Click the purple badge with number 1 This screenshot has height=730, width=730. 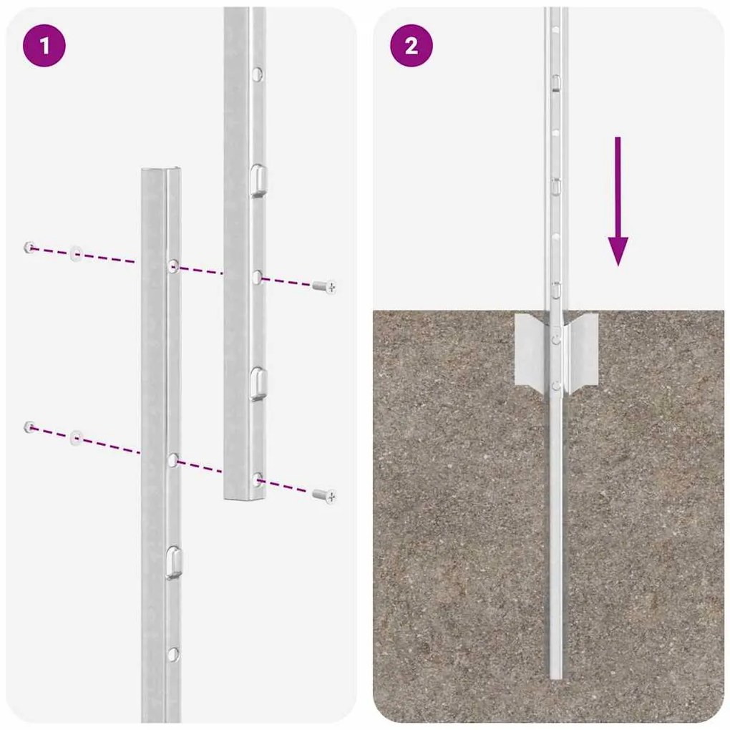click(x=44, y=46)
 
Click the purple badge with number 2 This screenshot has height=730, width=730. click(x=411, y=46)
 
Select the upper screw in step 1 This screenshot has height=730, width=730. click(x=325, y=286)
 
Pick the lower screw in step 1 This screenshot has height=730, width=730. click(x=325, y=495)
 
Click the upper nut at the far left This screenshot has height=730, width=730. click(x=30, y=248)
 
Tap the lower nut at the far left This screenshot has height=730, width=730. click(x=30, y=427)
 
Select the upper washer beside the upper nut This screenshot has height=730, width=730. click(x=76, y=254)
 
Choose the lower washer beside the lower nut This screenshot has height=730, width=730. click(x=76, y=437)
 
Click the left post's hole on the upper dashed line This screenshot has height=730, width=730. click(x=173, y=266)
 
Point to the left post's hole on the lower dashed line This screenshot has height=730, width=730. click(x=173, y=459)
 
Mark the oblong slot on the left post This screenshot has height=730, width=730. click(x=173, y=562)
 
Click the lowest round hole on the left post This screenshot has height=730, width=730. click(x=172, y=653)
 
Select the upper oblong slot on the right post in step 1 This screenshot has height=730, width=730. click(x=259, y=180)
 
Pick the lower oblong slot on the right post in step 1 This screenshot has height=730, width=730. click(x=258, y=383)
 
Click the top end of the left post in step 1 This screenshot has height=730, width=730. click(x=161, y=172)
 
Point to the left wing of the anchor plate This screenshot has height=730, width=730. click(x=531, y=352)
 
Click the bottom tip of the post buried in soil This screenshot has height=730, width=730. click(x=555, y=675)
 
